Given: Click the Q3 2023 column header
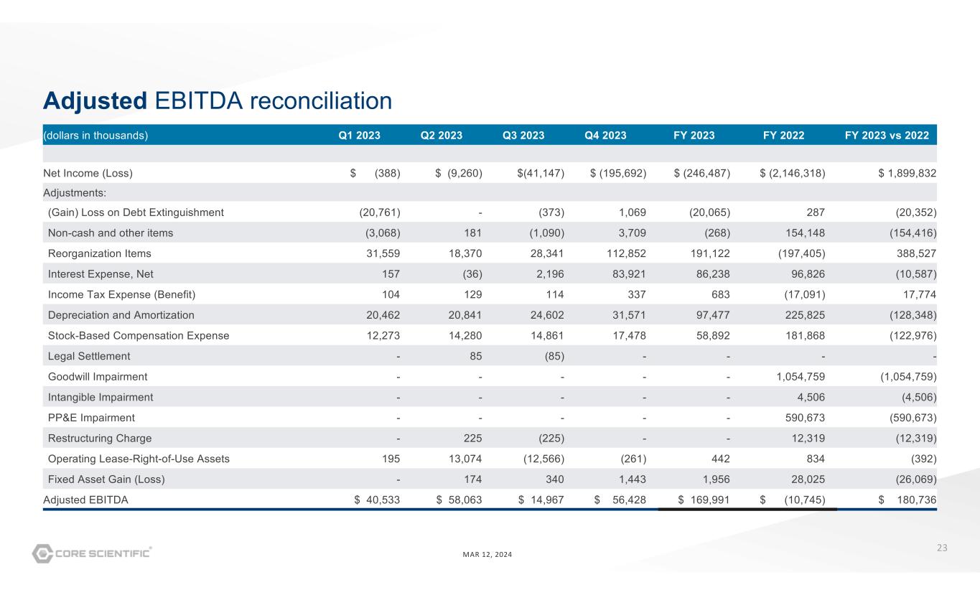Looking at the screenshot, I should coord(523,136).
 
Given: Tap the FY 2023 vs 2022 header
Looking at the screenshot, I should coord(887,136).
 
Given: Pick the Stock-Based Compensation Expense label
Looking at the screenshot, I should coord(138,335).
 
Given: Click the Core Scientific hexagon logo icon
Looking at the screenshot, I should coord(43,553).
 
